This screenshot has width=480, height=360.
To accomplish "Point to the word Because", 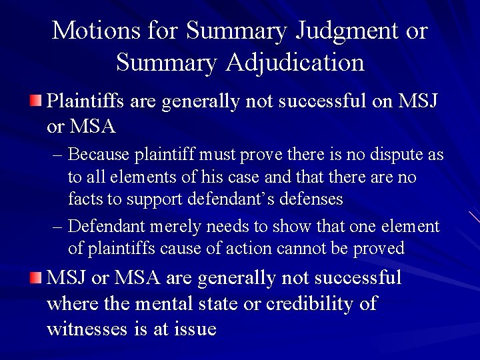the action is (99, 155).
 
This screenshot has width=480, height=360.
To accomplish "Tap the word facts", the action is (83, 198).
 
